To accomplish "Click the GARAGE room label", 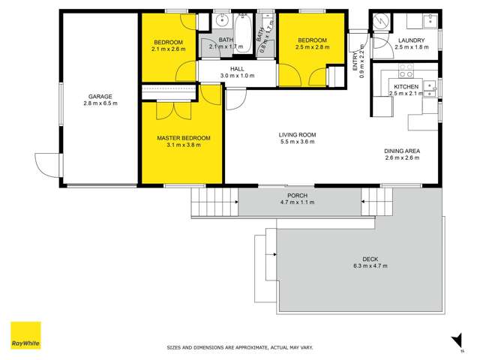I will pos(100,96).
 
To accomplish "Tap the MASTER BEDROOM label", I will pos(183,139).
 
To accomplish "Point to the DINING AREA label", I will pos(402,151).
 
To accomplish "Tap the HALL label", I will pos(237,69).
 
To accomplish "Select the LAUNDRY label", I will pos(412,40).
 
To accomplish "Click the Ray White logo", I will pos(25,335).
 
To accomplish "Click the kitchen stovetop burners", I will pos(405,71).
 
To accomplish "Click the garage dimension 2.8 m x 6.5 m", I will pos(100,103).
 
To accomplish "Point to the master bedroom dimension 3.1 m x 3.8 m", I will pos(183,146).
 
